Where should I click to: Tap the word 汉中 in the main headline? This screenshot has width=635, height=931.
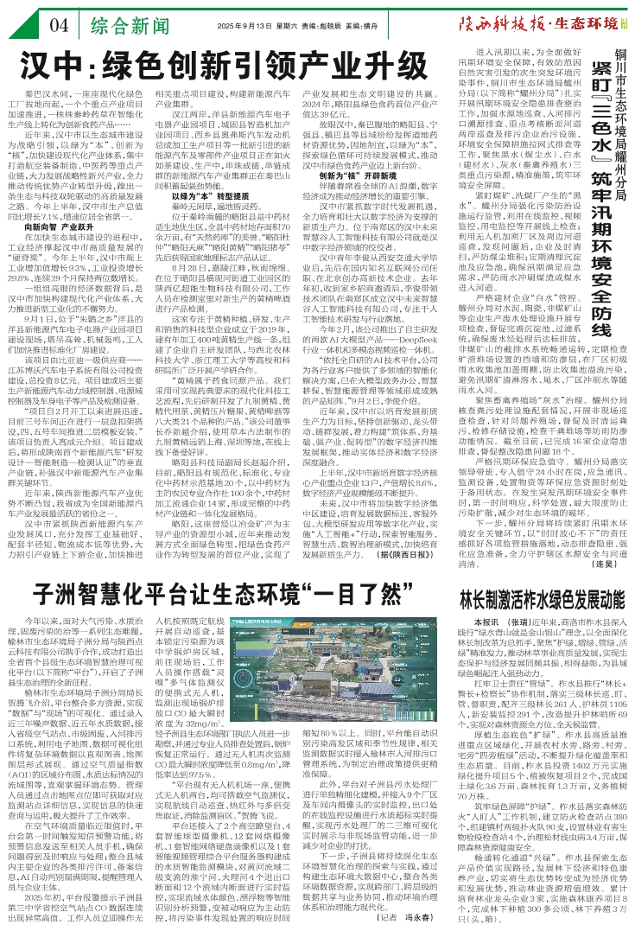click(67, 65)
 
